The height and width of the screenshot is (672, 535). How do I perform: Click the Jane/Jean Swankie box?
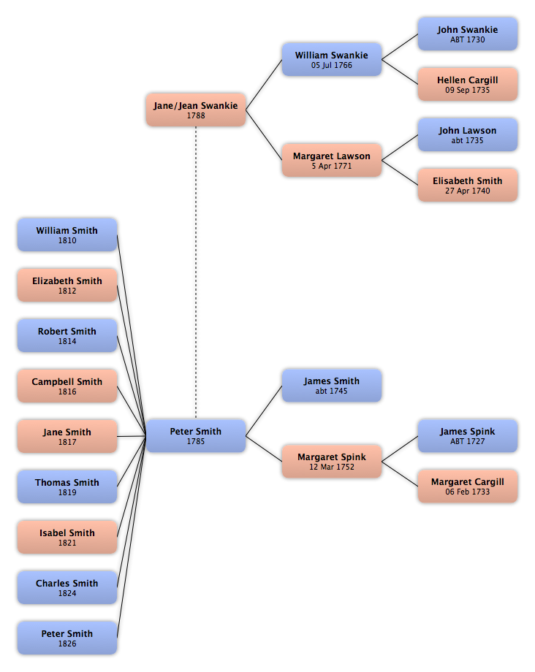[196, 110]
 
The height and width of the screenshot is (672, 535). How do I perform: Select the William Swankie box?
[332, 60]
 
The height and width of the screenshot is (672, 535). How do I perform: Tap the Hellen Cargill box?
[468, 85]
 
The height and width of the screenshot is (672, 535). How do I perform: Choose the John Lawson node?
[468, 134]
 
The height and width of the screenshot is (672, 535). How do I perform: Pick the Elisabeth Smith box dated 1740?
[468, 185]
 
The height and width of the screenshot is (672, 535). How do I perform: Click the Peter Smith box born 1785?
[196, 436]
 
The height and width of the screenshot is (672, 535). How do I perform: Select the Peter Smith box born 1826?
[67, 638]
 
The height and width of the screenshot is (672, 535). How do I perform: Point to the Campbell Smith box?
[67, 386]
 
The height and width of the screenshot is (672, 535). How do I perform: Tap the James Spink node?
[468, 436]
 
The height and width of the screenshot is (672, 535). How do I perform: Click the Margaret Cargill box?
[468, 486]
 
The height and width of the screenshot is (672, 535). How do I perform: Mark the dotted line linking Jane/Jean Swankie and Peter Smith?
[196, 272]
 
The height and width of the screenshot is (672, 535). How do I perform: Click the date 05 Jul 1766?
[332, 65]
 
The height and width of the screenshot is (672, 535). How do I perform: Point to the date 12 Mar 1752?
[332, 467]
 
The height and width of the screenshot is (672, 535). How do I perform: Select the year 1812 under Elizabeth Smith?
[67, 291]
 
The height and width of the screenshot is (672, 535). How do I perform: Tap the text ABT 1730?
[468, 39]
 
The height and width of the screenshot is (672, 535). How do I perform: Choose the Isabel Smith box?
[67, 537]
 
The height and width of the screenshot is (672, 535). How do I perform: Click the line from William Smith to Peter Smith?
[132, 335]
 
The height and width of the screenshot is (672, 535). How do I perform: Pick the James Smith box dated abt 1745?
[332, 386]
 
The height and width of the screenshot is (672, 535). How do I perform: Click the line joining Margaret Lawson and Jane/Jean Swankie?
[264, 135]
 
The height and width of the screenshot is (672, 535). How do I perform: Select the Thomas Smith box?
[67, 486]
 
